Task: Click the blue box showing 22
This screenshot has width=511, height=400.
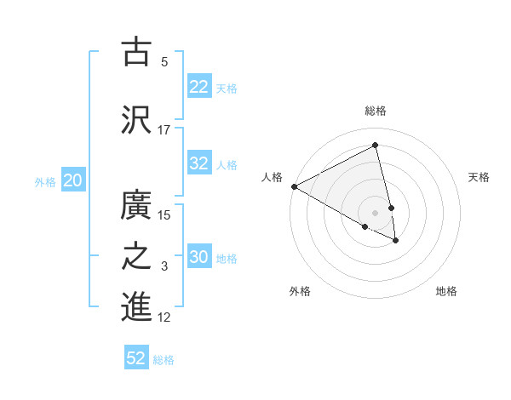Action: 199,87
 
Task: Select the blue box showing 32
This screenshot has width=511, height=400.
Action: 199,163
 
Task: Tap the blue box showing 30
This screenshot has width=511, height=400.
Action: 199,257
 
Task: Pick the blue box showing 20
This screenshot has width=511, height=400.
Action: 73,180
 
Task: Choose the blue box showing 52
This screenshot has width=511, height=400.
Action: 136,358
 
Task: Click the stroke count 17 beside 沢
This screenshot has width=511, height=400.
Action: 164,130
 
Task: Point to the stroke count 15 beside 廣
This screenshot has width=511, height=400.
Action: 165,214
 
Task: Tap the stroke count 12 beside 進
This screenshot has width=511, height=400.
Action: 165,317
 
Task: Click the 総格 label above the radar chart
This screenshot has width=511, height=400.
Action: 376,111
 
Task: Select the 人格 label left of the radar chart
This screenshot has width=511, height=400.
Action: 273,177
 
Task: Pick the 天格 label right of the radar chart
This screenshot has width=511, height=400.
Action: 479,177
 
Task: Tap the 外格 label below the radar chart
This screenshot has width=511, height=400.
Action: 300,291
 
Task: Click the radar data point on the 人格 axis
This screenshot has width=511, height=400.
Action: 294,186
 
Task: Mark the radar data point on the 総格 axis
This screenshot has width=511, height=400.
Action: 376,146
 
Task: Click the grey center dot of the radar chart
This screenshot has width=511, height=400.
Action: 376,212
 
